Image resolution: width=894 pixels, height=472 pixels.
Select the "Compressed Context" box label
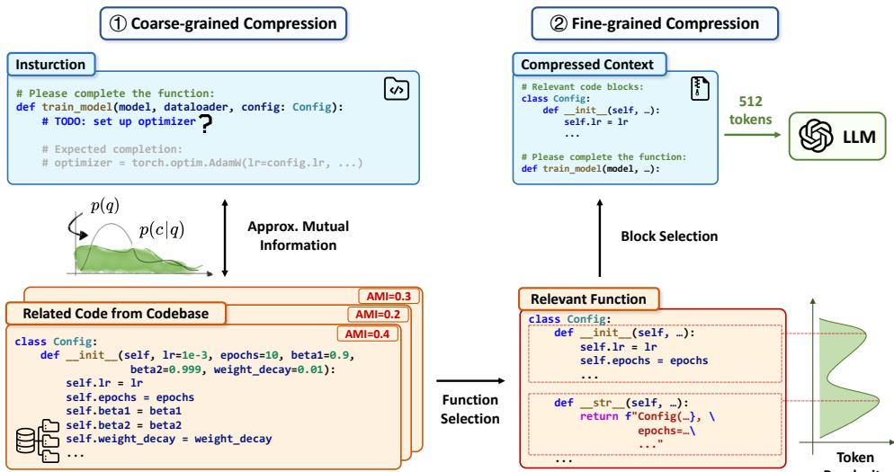click(x=590, y=66)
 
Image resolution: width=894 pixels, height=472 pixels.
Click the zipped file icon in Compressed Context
click(x=698, y=87)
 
